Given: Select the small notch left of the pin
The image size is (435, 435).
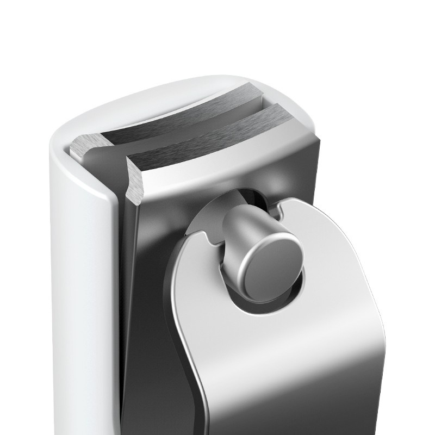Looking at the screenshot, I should (208, 238).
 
